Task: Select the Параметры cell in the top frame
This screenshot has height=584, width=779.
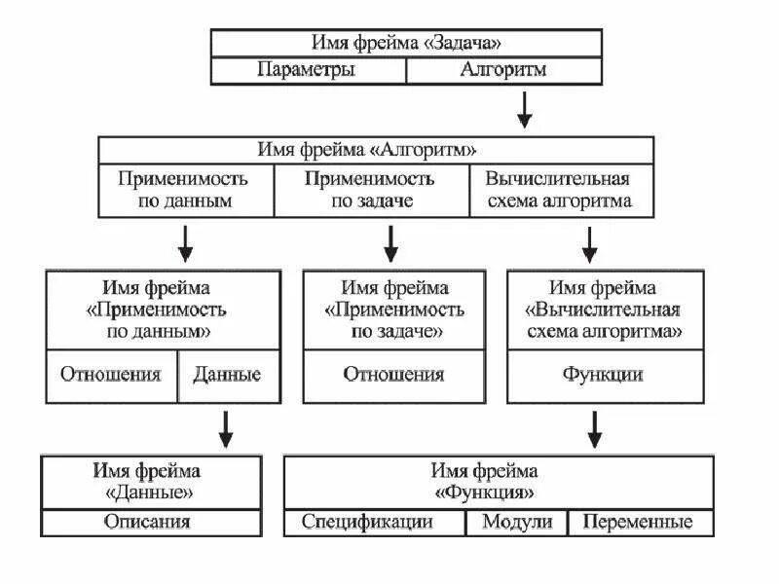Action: [307, 70]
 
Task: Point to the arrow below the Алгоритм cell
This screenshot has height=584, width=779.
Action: [525, 110]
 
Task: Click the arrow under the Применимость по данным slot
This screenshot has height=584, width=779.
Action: [185, 243]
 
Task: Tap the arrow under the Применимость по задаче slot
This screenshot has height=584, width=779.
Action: [390, 243]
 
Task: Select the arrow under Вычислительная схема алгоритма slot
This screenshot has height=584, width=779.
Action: [589, 243]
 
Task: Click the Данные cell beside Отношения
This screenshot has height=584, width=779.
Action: [228, 375]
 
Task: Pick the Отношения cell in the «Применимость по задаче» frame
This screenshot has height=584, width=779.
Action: [393, 375]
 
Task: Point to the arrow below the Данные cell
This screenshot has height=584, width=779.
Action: [226, 429]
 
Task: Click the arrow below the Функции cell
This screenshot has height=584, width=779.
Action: [595, 429]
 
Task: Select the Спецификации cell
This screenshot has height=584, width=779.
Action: [367, 522]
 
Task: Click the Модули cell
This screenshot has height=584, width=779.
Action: [517, 522]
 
